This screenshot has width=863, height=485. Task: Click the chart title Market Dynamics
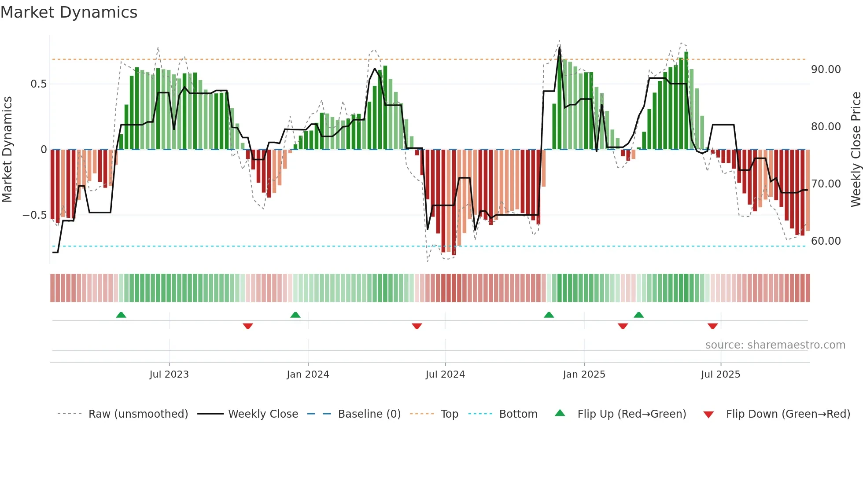[69, 12]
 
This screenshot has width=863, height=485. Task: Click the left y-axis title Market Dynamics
[7, 149]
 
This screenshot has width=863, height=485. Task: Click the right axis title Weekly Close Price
[856, 149]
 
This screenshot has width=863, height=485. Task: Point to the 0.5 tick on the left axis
[38, 84]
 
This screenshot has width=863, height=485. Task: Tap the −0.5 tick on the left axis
[35, 215]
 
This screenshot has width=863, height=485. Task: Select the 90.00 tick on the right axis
[826, 70]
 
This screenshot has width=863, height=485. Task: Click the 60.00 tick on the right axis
[826, 241]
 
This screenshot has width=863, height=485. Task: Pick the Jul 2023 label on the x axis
[169, 375]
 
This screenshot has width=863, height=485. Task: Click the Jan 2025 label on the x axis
[584, 375]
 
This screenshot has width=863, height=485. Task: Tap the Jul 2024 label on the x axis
[445, 375]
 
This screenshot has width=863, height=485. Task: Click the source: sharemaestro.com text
[775, 345]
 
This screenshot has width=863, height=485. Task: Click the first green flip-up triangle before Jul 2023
[121, 315]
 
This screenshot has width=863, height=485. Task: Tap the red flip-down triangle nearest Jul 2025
[712, 326]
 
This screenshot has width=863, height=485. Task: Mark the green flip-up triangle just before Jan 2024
[295, 315]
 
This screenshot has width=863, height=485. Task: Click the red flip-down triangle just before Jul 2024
[417, 326]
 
